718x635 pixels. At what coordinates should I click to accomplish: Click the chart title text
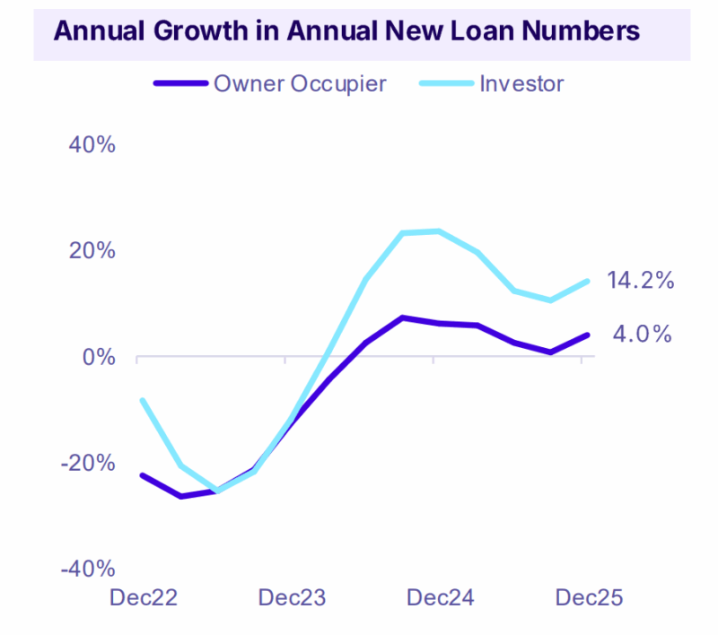click(x=346, y=30)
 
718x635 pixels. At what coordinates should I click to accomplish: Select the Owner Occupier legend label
click(x=300, y=84)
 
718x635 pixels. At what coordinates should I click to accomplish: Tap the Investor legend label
click(x=521, y=84)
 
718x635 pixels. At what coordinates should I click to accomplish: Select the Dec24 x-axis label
click(x=439, y=597)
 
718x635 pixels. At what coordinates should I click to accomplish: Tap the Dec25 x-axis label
click(x=588, y=597)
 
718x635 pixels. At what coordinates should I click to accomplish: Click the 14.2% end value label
click(x=640, y=280)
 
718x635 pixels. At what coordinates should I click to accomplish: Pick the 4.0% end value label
click(x=643, y=335)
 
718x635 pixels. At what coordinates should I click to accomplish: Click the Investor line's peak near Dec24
click(x=437, y=231)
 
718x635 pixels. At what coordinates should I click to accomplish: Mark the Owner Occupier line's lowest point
click(x=181, y=496)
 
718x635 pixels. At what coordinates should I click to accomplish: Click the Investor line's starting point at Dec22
click(x=142, y=400)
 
